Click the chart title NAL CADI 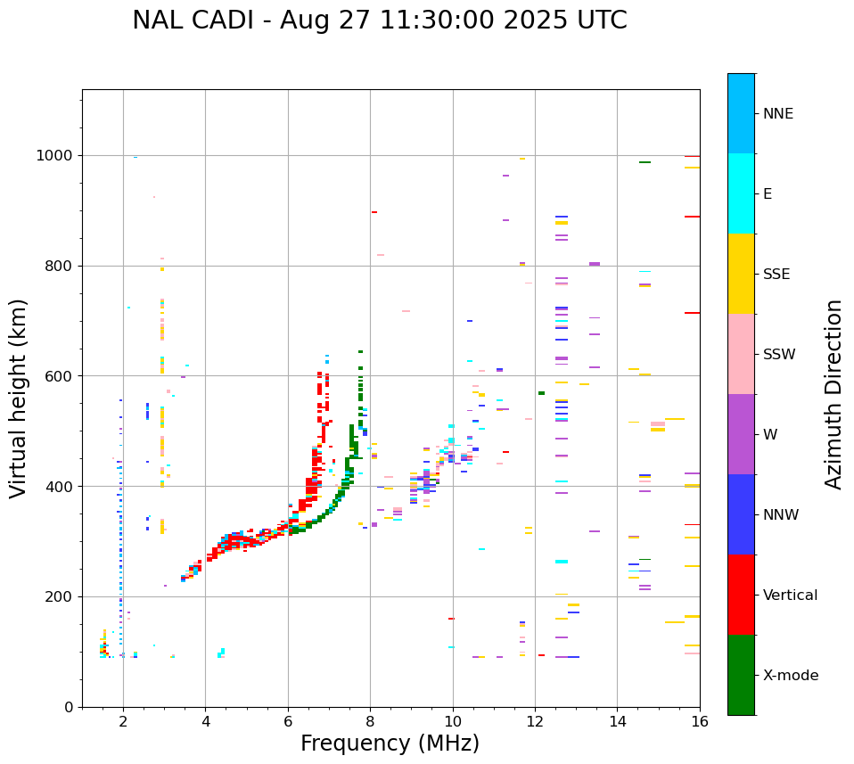tap(379, 21)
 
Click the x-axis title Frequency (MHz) tap(390, 743)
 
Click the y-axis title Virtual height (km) tap(19, 398)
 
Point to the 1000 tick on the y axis tap(59, 156)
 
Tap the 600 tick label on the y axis tap(62, 376)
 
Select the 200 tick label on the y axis tap(62, 596)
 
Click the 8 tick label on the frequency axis tap(370, 721)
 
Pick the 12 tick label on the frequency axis tap(535, 721)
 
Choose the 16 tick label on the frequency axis tap(700, 721)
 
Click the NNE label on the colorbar tap(777, 114)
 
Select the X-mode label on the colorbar tap(790, 676)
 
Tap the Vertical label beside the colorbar tap(790, 596)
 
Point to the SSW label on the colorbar tap(779, 355)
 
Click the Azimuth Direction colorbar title tap(833, 394)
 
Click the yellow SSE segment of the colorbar tap(741, 274)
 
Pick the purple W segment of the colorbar tap(741, 434)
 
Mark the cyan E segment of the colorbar tap(741, 193)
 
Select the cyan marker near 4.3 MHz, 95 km tap(220, 653)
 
